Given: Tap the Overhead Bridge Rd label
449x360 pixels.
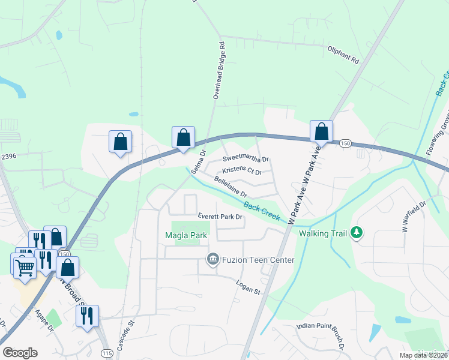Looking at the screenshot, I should [x=218, y=70].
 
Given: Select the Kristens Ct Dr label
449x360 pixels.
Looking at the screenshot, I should [x=242, y=172].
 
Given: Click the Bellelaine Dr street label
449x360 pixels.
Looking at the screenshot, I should [x=231, y=186].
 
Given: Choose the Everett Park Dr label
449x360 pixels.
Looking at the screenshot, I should [x=220, y=217].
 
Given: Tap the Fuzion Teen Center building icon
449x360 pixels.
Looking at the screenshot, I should [x=212, y=260].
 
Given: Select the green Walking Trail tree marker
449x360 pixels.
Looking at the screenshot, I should [x=357, y=232].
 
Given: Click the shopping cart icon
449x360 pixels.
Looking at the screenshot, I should [x=23, y=265].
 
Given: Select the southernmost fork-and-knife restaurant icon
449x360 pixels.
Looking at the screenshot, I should [x=87, y=315].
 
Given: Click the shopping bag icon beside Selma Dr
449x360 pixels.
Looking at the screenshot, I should [x=183, y=137].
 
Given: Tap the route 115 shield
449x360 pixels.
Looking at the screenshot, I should [x=107, y=352].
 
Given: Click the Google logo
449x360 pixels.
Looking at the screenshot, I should [x=20, y=353].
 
